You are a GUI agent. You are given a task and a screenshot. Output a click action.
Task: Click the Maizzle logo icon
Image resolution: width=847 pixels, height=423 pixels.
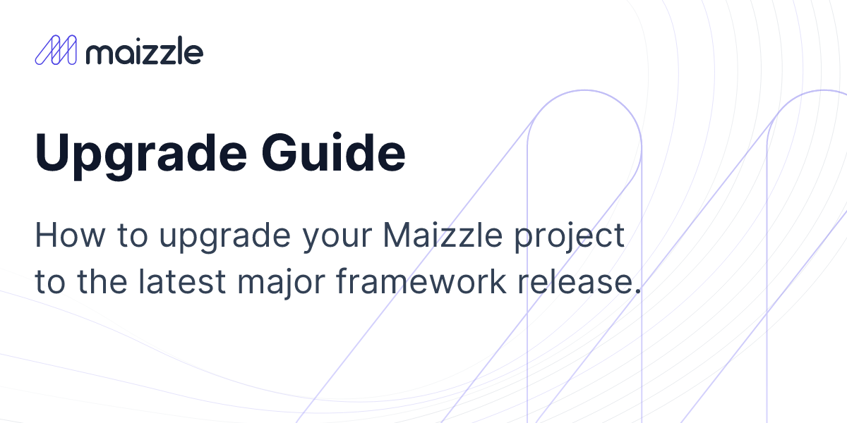(x=55, y=51)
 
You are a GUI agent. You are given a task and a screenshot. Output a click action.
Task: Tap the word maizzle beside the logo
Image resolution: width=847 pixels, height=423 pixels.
(x=144, y=51)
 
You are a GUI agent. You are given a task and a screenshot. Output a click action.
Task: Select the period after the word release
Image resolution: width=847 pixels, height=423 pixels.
(x=637, y=290)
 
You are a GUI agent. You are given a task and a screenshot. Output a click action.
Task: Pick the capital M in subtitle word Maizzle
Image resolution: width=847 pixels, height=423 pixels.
(x=396, y=235)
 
